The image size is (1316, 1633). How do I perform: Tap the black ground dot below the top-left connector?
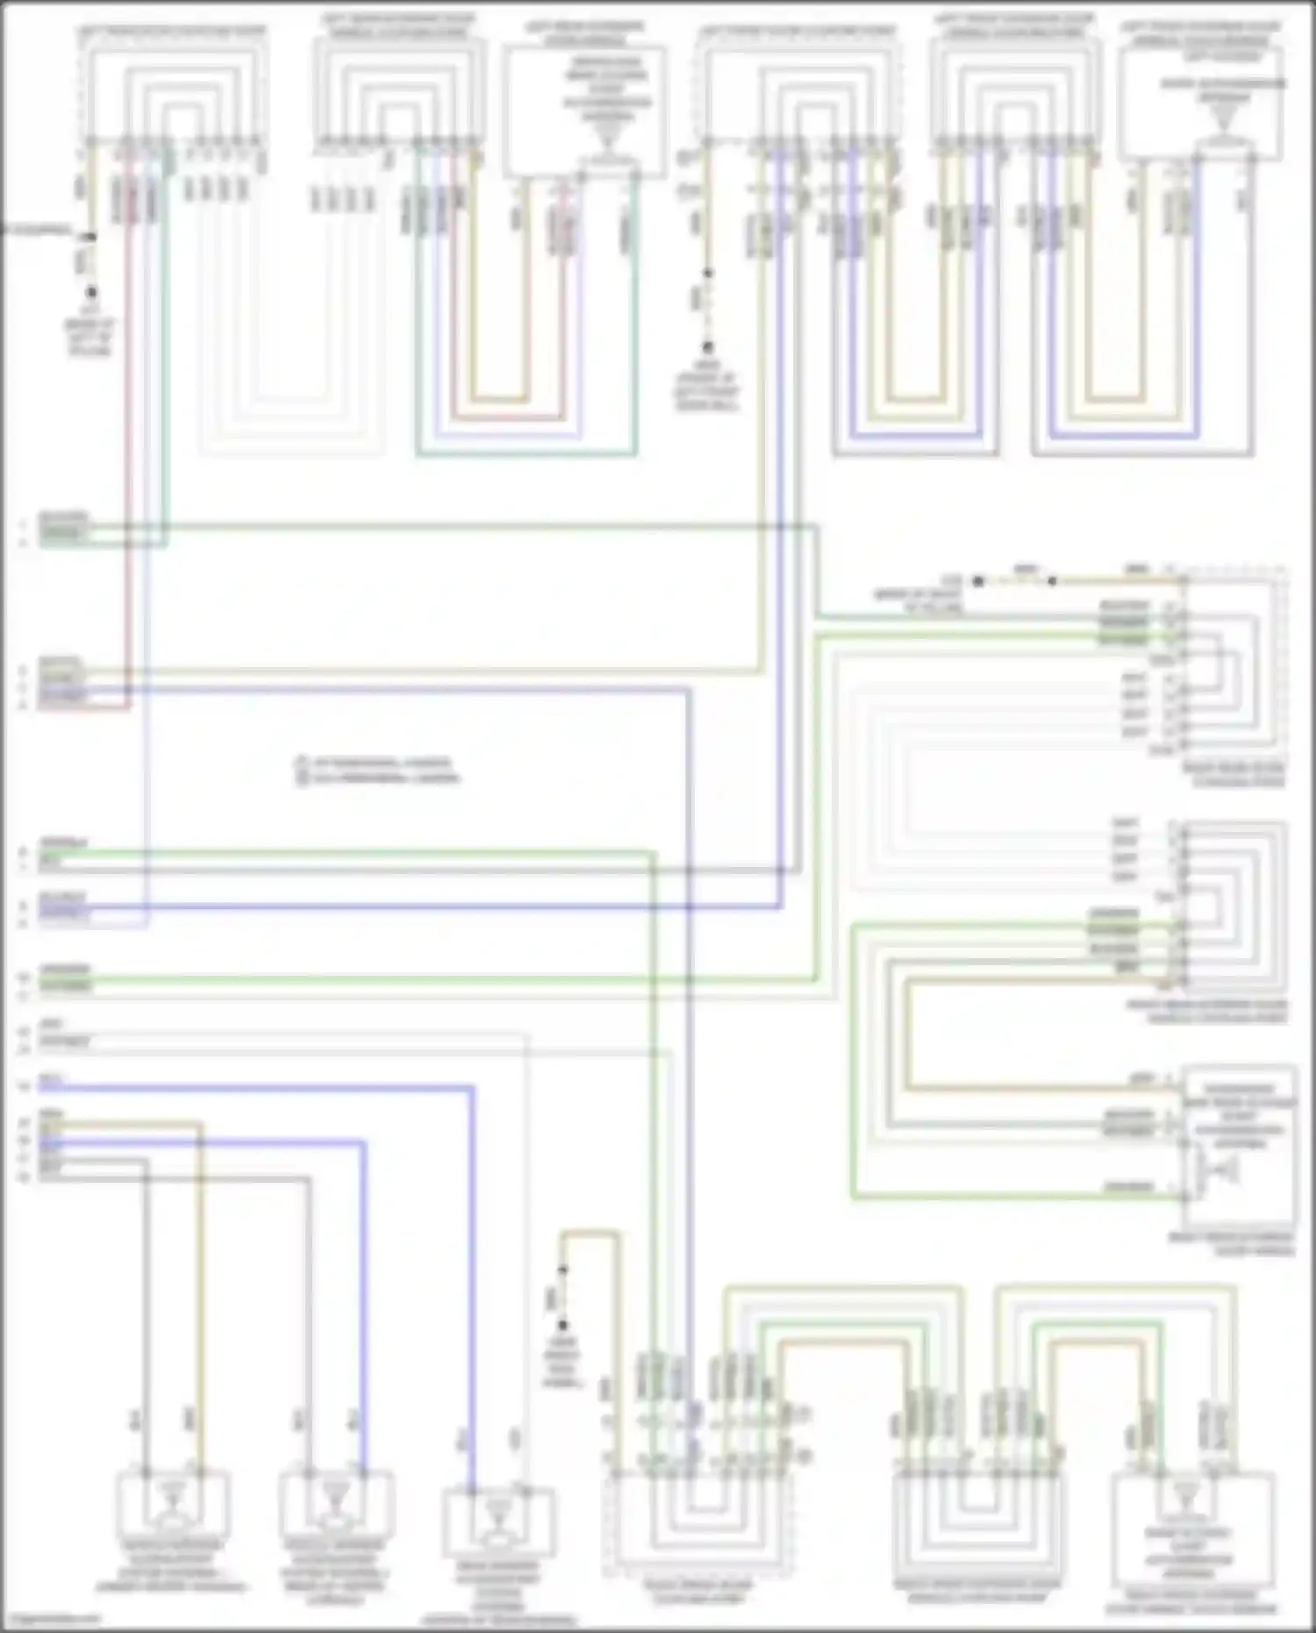90,292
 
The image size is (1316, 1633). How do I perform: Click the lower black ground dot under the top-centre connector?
707,348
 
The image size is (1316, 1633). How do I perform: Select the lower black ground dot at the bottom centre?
562,1325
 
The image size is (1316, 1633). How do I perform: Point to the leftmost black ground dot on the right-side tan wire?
978,580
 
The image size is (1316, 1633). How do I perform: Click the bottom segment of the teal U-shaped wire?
526,455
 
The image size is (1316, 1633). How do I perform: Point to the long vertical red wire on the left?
128,439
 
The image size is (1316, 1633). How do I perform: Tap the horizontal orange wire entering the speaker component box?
1044,1089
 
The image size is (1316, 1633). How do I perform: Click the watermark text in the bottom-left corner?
51,1618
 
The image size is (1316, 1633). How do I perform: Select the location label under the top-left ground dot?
89,337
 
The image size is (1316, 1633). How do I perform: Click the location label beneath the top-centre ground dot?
706,386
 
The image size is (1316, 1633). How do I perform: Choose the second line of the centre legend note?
377,777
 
